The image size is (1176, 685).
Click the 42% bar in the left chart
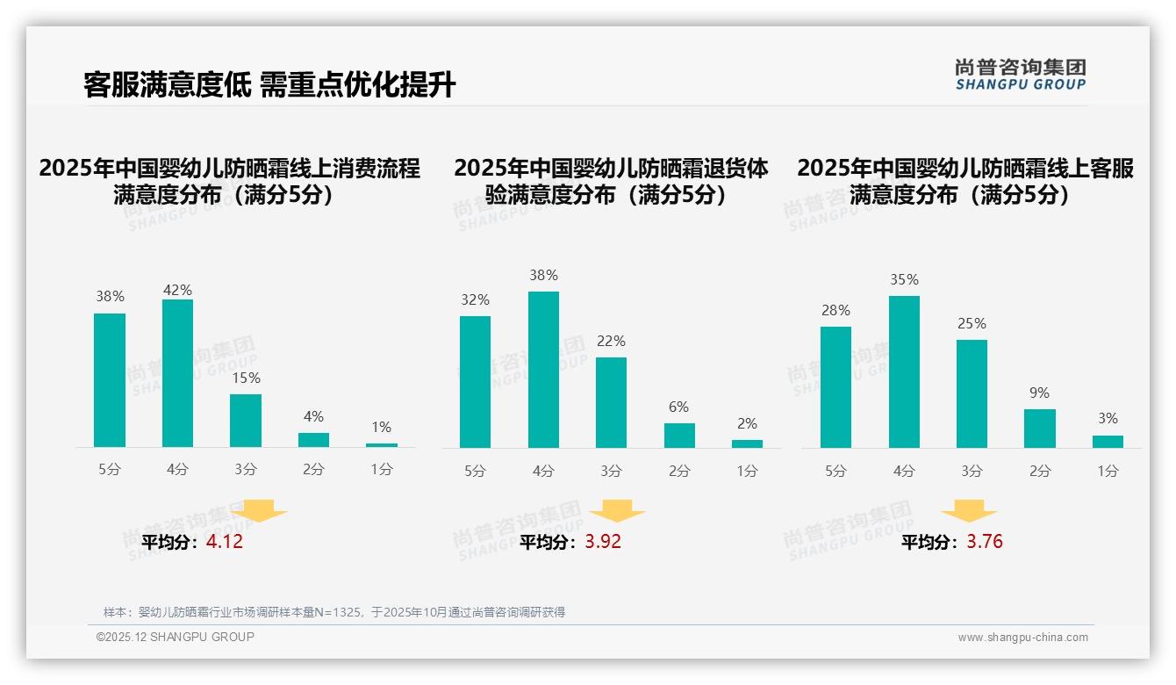[x=177, y=373]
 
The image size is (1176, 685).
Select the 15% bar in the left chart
[x=246, y=421]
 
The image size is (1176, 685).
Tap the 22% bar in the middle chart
[x=611, y=402]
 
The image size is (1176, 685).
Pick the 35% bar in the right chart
[x=904, y=371]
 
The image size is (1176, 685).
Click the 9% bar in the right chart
[x=1040, y=429]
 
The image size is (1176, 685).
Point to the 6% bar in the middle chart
[x=679, y=436]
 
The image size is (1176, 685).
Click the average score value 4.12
[x=225, y=542]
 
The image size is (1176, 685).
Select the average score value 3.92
[x=603, y=542]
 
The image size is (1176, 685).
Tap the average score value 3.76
[x=985, y=542]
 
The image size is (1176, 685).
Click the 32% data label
[x=475, y=300]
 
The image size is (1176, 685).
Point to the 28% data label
[x=835, y=311]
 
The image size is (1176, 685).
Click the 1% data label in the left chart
[x=381, y=428]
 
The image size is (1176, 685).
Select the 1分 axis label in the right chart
[x=1108, y=471]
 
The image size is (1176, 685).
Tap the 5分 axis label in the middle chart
[x=475, y=471]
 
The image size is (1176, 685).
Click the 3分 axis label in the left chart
[x=246, y=470]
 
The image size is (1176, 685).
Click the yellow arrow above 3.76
[x=969, y=511]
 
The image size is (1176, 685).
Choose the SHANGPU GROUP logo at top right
[x=1021, y=75]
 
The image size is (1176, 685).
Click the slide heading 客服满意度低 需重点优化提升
[x=269, y=85]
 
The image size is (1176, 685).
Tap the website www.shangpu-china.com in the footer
[x=1022, y=638]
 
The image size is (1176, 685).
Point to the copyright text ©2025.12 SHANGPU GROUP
[x=176, y=637]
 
